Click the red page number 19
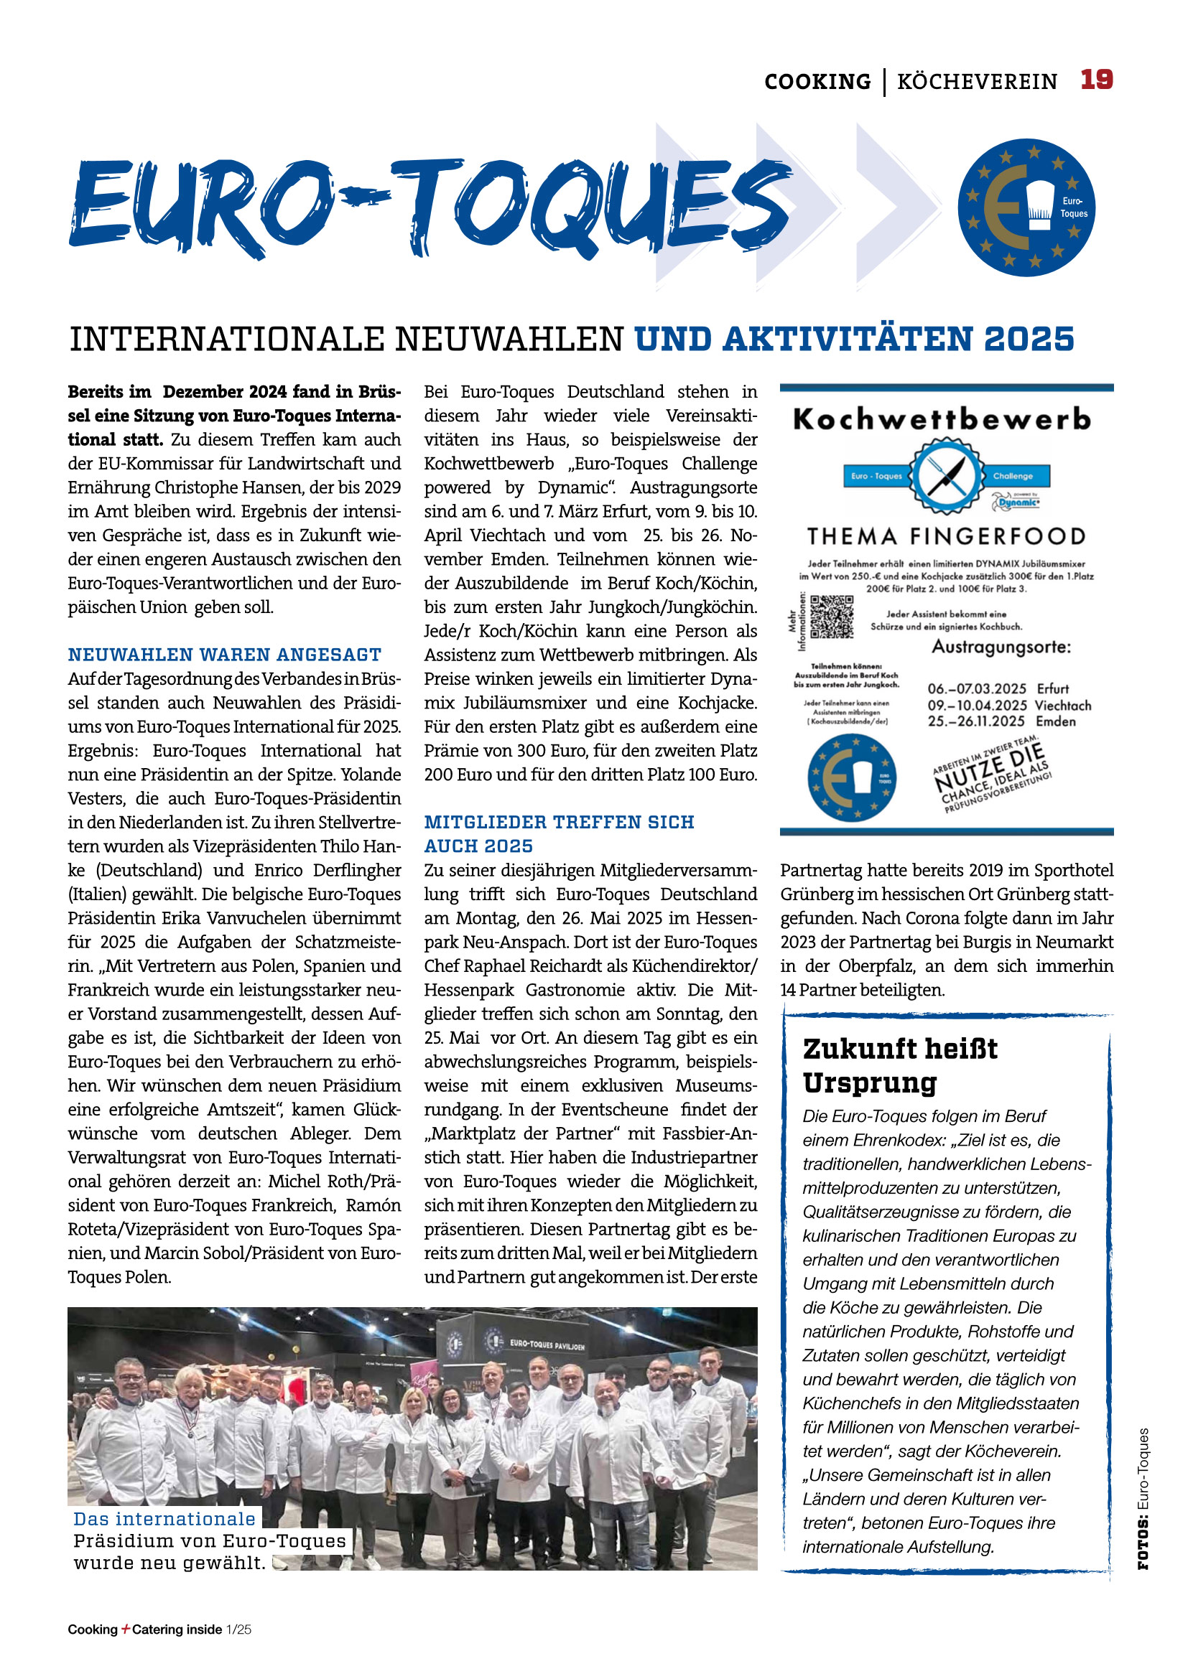(1096, 79)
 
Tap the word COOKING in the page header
(817, 81)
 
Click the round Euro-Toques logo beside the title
(1026, 207)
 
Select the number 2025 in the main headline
(1029, 340)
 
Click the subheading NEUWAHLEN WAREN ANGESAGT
(225, 655)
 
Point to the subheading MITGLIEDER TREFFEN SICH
(559, 822)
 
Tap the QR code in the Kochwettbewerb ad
(832, 617)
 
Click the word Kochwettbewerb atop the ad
(942, 420)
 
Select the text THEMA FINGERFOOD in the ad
(946, 537)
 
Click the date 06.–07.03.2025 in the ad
(977, 689)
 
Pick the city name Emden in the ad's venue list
(1056, 721)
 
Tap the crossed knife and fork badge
(947, 475)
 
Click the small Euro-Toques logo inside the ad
(852, 778)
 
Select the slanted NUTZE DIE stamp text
(990, 769)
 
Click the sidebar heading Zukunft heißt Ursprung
(900, 1065)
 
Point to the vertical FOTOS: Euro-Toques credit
(1143, 1498)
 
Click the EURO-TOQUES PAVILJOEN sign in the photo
(547, 1343)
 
